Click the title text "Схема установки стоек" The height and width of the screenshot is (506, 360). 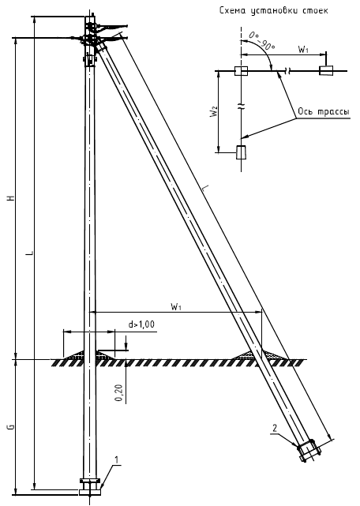coord(273,10)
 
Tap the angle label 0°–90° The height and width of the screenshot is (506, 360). coord(262,41)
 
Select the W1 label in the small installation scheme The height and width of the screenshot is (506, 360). coord(303,50)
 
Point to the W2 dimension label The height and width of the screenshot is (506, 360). coord(216,111)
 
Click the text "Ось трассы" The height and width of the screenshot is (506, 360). coord(323,111)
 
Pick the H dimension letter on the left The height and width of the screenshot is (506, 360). coord(12,198)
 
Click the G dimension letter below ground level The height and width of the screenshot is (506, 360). coord(12,426)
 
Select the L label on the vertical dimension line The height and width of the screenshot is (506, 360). coord(30,253)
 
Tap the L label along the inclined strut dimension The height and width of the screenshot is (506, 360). coord(205,189)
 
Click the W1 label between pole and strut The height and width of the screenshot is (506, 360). coord(176,306)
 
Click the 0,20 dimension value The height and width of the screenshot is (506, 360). coord(119,394)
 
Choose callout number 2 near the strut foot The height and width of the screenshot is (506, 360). coord(275,428)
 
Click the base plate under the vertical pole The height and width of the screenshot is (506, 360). coord(90,492)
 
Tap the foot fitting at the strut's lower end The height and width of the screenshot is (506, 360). coord(308,450)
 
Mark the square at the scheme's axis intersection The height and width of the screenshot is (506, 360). coord(241,71)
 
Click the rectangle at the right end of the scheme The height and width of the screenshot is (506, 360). coord(326,70)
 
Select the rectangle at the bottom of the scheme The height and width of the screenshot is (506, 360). coord(242,152)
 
